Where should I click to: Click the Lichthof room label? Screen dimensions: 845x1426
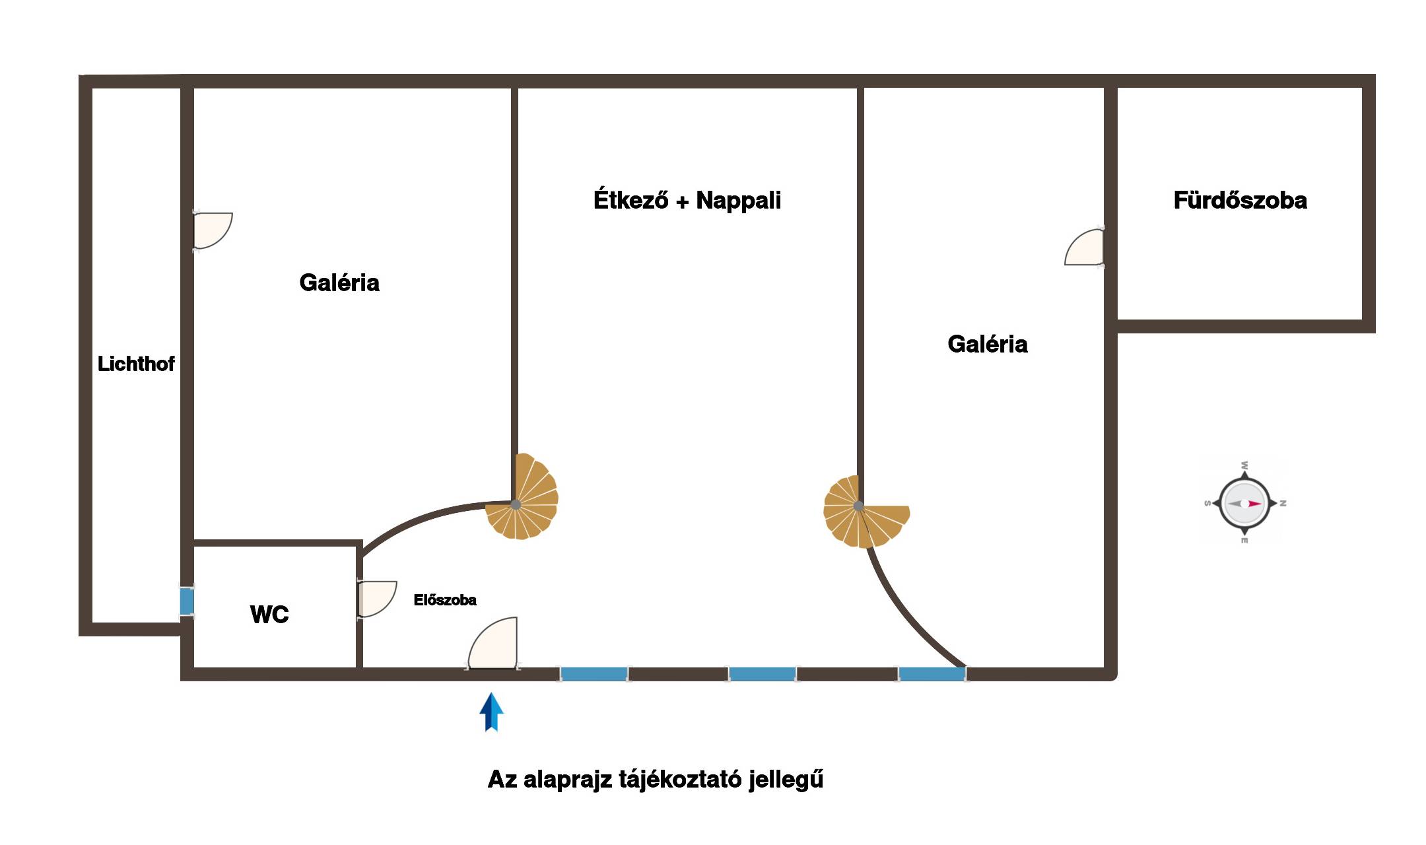136,364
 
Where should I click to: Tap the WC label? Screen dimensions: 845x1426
269,615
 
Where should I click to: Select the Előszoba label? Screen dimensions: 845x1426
445,600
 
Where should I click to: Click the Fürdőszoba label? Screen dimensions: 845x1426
1240,201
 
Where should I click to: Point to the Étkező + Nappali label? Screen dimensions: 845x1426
687,200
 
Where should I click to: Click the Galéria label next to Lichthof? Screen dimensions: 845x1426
339,283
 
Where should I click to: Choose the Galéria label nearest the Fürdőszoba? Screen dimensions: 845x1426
987,344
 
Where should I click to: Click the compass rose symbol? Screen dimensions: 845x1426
1244,503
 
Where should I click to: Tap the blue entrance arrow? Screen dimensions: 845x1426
491,712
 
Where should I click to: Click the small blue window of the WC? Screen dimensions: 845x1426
187,601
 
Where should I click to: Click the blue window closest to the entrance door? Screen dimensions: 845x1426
594,674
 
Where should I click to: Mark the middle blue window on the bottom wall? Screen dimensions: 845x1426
762,674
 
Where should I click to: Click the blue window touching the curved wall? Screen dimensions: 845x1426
932,674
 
